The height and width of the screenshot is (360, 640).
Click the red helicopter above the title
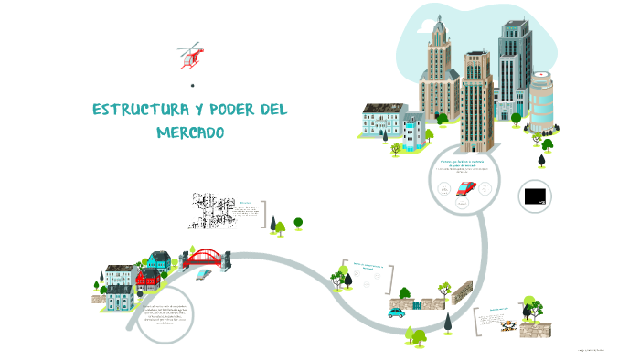(190, 56)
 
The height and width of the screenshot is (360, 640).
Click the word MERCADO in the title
(190, 133)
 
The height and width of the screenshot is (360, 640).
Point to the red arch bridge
(207, 259)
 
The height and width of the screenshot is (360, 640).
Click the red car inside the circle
(466, 189)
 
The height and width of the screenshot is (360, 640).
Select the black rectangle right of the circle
(535, 195)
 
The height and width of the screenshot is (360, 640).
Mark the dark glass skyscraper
(514, 64)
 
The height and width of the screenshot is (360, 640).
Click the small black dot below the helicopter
(192, 86)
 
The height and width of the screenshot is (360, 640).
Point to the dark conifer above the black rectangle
(541, 160)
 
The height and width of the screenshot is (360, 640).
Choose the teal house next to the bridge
(160, 261)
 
